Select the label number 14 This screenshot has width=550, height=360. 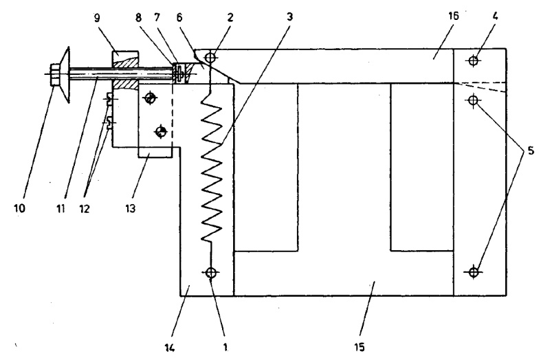[170, 348]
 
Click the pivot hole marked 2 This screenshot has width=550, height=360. [211, 58]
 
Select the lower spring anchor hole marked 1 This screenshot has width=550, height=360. [211, 273]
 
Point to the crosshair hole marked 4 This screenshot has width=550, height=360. [472, 61]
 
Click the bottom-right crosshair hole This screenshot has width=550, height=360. [472, 271]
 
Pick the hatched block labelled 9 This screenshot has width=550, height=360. [124, 68]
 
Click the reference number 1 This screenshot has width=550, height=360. [225, 348]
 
